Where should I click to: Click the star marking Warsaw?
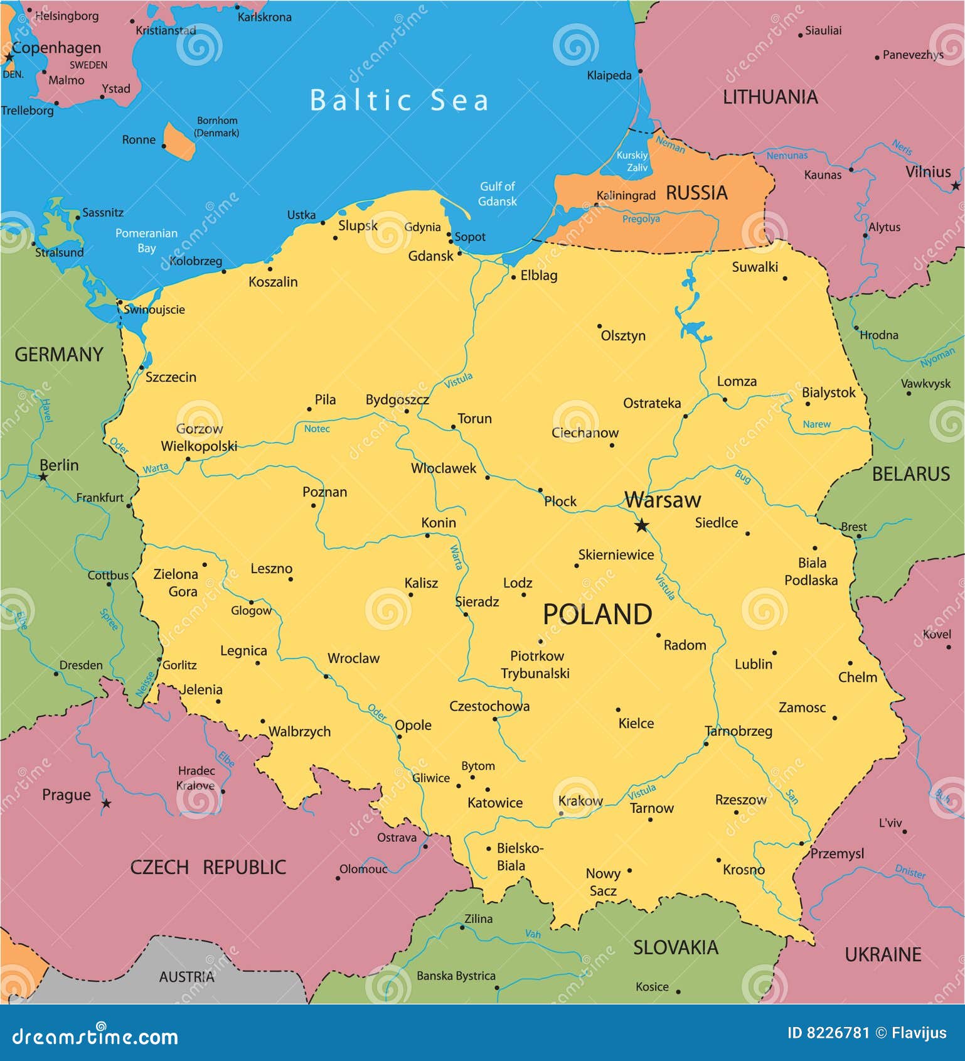pos(641,525)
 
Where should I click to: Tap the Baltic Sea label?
pos(400,100)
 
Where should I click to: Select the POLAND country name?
pos(597,614)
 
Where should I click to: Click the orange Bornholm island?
pos(179,141)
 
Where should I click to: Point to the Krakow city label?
pos(580,800)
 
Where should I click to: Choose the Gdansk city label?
pos(430,256)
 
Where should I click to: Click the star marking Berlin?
pos(43,477)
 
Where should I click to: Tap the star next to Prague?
pos(107,803)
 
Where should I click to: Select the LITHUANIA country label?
pos(770,97)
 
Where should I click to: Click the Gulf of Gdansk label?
pos(497,193)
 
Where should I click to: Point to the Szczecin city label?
pos(171,377)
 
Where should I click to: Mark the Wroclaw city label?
pos(353,659)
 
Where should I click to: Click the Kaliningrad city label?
pos(626,195)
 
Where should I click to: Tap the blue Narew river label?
pos(816,424)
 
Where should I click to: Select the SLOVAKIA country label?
pos(675,947)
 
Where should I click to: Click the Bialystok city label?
pos(828,393)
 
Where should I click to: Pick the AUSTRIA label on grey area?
pos(186,977)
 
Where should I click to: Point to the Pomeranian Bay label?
pos(146,240)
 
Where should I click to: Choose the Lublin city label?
pos(753,664)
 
